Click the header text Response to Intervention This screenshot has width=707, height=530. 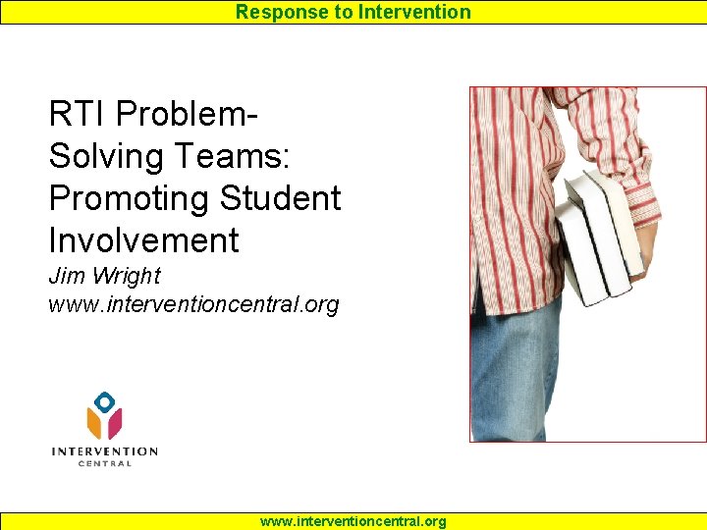pyautogui.click(x=353, y=12)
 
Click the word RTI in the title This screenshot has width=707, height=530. pyautogui.click(x=78, y=114)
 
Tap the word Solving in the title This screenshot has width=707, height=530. pyautogui.click(x=109, y=156)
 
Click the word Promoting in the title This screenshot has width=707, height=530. pyautogui.click(x=130, y=197)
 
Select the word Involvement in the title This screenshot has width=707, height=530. pyautogui.click(x=143, y=239)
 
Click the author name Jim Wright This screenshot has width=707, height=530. pyautogui.click(x=104, y=277)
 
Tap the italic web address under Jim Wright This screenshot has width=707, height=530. pyautogui.click(x=193, y=304)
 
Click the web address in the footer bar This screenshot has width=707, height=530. pyautogui.click(x=353, y=521)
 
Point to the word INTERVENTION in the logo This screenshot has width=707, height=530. pyautogui.click(x=104, y=451)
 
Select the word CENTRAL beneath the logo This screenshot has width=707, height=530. pyautogui.click(x=104, y=463)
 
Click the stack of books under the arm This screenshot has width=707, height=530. pyautogui.click(x=596, y=236)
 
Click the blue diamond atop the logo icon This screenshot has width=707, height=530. pyautogui.click(x=104, y=400)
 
